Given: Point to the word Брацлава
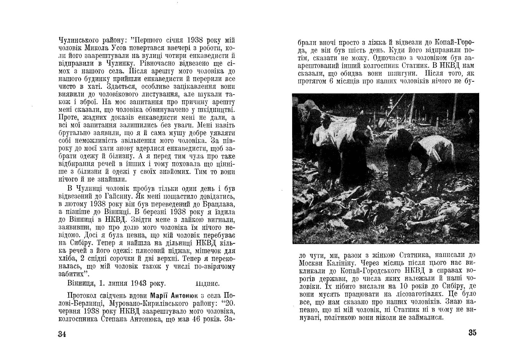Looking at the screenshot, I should point(219,204).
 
